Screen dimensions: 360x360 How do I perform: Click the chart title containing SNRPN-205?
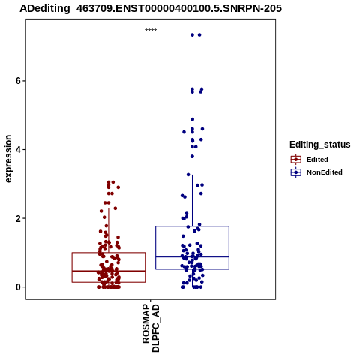coord(151,8)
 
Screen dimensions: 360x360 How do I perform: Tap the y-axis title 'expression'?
coord(8,159)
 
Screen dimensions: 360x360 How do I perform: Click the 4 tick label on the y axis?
coord(18,150)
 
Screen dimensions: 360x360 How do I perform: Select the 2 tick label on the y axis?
coord(18,218)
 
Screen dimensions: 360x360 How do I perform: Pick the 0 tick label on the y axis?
coord(18,287)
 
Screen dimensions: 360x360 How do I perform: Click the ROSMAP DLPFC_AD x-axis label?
coord(151,328)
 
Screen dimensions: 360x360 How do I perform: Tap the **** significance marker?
coord(151,30)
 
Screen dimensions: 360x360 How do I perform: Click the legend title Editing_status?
coord(320,145)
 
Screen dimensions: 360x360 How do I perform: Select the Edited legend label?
coord(317,160)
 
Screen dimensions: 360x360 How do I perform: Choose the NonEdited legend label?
coord(325,172)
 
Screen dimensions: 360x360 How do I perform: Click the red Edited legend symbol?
coord(296,160)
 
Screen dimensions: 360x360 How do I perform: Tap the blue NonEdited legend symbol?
coord(296,172)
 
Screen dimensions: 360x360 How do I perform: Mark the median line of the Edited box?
coord(109,271)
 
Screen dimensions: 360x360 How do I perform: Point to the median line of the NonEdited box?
coord(192,256)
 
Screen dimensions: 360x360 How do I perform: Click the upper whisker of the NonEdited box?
coord(192,200)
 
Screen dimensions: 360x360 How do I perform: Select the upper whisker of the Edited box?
coord(109,230)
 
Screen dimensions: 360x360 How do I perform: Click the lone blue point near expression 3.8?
coord(192,157)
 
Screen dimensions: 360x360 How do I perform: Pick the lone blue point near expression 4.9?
coord(192,119)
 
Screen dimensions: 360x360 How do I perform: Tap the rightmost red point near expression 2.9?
coord(118,187)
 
